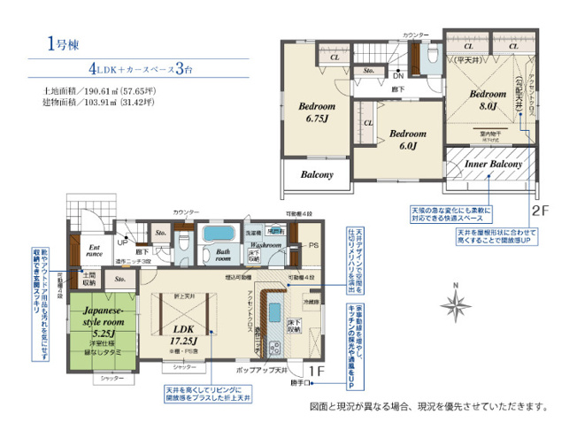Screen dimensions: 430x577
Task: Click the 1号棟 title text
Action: tap(51, 42)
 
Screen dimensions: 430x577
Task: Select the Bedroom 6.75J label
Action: tap(316, 111)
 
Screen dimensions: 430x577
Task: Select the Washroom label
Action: tap(265, 243)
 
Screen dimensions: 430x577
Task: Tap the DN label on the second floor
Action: tap(399, 75)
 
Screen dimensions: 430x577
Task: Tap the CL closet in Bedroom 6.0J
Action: tap(366, 123)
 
